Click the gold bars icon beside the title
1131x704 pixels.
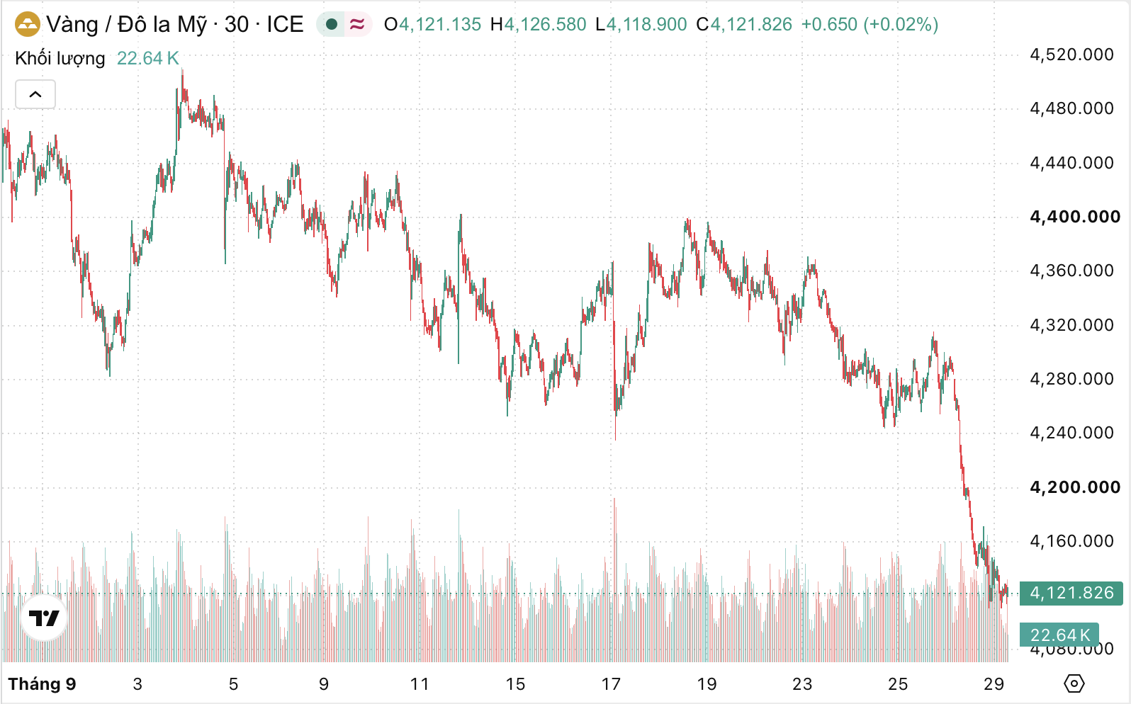tap(27, 24)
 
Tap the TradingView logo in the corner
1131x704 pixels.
tap(44, 618)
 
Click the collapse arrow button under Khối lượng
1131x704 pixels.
tap(35, 94)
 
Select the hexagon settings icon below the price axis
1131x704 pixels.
tap(1074, 683)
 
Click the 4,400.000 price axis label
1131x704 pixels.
tap(1075, 217)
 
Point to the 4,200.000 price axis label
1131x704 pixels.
tap(1075, 487)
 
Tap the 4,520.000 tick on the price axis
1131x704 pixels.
tap(1071, 55)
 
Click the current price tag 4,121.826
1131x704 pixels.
tap(1071, 593)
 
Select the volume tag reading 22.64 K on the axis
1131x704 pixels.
tap(1059, 635)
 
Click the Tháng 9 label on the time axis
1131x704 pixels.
tap(42, 684)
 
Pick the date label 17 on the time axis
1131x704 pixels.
tap(611, 684)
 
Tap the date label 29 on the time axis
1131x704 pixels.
tap(994, 684)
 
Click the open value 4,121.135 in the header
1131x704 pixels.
tap(440, 25)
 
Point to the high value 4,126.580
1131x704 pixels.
tap(546, 25)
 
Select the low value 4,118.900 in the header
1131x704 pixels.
tap(646, 25)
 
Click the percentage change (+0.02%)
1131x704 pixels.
tap(901, 25)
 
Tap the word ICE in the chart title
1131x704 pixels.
tap(285, 24)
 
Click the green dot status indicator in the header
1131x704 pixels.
tap(332, 24)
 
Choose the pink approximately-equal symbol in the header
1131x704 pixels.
tap(357, 24)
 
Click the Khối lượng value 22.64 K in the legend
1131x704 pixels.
tap(148, 59)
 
